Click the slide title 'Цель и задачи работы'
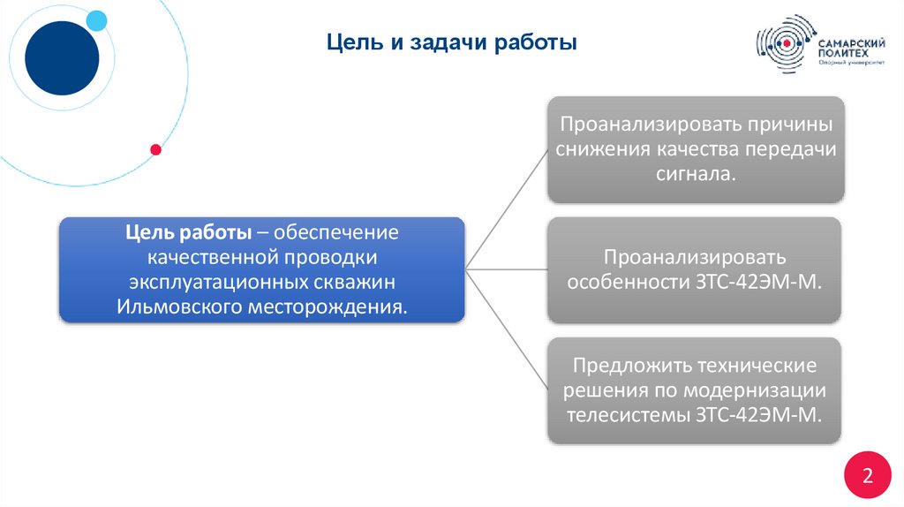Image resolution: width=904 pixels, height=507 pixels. click(451, 42)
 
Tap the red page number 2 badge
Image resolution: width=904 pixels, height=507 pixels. click(867, 477)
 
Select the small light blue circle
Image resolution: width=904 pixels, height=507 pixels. click(96, 20)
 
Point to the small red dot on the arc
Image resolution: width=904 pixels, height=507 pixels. click(156, 149)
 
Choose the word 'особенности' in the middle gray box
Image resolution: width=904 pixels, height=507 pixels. click(623, 283)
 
